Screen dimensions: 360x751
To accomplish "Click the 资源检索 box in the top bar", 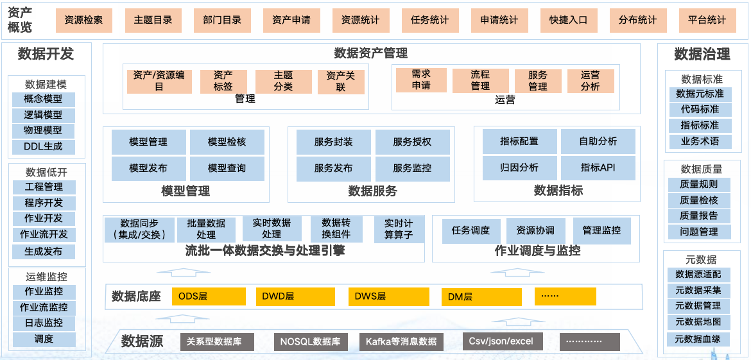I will (83, 21).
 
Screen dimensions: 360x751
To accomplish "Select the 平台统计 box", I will (707, 21).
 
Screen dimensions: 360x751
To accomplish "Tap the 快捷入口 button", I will (568, 21).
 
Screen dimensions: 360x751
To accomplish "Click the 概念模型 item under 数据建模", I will (44, 99).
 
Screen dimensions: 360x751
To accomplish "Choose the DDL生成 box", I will (44, 147).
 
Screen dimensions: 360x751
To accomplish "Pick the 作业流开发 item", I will (44, 234).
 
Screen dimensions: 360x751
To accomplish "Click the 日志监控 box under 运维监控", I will (44, 323).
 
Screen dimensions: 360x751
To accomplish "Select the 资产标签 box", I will (223, 81).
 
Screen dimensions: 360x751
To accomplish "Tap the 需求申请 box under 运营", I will (421, 80).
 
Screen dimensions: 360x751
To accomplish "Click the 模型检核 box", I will (227, 142).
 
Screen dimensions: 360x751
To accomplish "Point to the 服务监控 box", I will (412, 168).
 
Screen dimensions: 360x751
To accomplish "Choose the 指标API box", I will (598, 168).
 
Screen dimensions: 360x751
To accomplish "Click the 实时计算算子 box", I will (399, 229).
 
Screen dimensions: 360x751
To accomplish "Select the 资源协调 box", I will (535, 230).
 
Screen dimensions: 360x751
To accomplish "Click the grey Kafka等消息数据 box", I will (401, 342).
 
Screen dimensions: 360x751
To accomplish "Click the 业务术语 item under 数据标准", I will (700, 142).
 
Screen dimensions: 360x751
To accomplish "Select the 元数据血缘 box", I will (698, 339).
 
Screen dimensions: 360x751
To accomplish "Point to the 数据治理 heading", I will (702, 55).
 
